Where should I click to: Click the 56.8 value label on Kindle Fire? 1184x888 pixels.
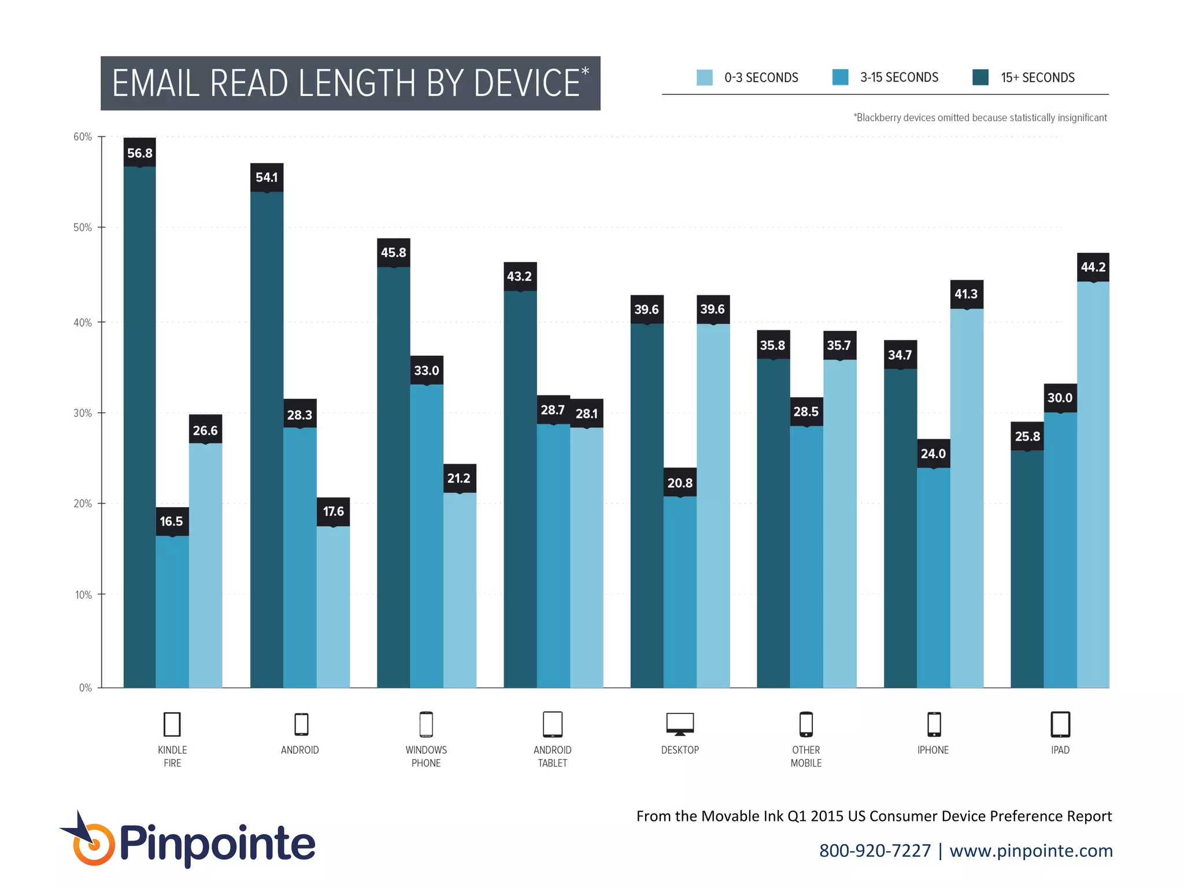coord(139,153)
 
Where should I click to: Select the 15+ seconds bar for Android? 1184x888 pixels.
coord(267,439)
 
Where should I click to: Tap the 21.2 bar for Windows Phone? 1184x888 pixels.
coord(460,590)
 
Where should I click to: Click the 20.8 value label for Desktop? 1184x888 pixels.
coord(679,483)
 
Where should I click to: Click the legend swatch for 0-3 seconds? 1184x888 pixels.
coord(704,77)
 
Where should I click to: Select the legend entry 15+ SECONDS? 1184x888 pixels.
coord(1037,77)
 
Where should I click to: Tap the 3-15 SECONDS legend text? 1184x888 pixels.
coord(898,77)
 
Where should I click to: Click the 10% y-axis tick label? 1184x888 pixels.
coord(83,595)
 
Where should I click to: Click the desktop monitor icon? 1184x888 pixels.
coord(680,724)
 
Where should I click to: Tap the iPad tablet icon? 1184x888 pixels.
coord(1060,724)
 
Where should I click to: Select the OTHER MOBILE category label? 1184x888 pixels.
coord(806,756)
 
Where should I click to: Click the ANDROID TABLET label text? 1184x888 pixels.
coord(552,756)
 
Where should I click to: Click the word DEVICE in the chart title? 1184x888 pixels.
coord(526,83)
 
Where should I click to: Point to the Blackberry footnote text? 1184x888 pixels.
coord(980,118)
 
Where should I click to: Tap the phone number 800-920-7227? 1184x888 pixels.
coord(875,850)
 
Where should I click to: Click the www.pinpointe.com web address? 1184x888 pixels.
coord(1031,850)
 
